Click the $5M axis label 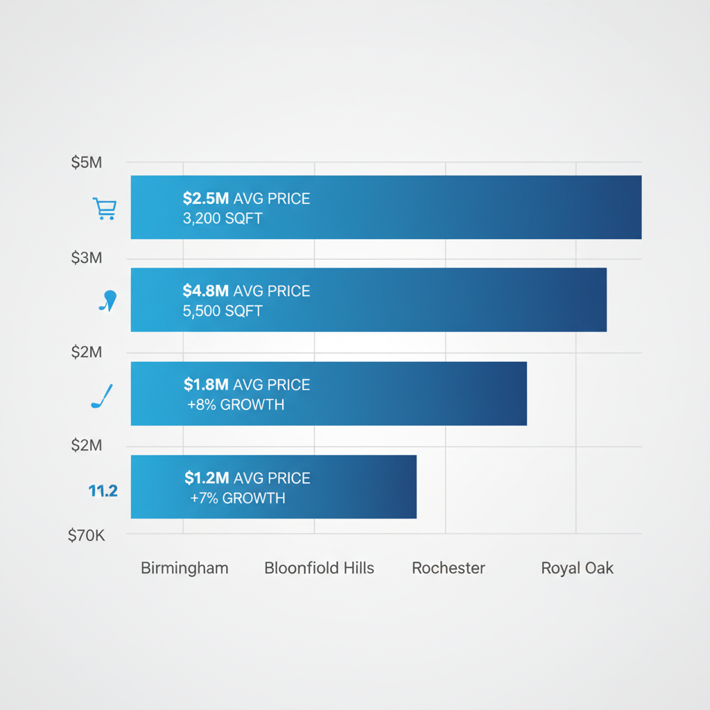87,163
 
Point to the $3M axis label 87,258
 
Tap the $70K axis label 87,535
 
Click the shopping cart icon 105,209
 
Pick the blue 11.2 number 103,491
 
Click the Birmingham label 184,569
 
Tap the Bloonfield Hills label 319,569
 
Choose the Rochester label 449,569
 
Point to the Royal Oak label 578,569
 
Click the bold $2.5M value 206,199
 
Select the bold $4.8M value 206,291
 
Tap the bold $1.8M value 207,385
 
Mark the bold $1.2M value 207,478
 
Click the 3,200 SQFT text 223,219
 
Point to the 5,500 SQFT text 223,311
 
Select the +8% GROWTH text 236,405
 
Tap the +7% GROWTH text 237,499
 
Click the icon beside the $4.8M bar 107,302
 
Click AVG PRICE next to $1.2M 272,478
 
